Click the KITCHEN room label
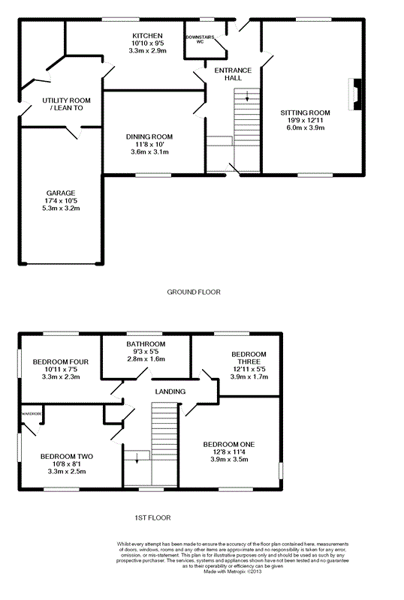coord(147,35)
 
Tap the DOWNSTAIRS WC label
coord(200,40)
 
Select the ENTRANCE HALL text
coord(233,74)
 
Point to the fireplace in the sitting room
coord(355,94)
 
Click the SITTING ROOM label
coord(305,113)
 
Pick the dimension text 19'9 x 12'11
coord(306,120)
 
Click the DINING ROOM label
coord(149,137)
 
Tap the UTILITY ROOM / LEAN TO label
coord(66,104)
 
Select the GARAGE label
coord(61,193)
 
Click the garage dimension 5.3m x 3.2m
coord(61,208)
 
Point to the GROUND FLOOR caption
coord(194,292)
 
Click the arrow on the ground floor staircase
coord(247,96)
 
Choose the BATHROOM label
coord(146,344)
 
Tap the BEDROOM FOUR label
coord(61,361)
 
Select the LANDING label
coord(170,391)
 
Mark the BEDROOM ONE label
coord(229,444)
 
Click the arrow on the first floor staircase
coord(137,458)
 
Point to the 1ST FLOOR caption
coord(152,517)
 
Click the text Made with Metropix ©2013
coord(232,571)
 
